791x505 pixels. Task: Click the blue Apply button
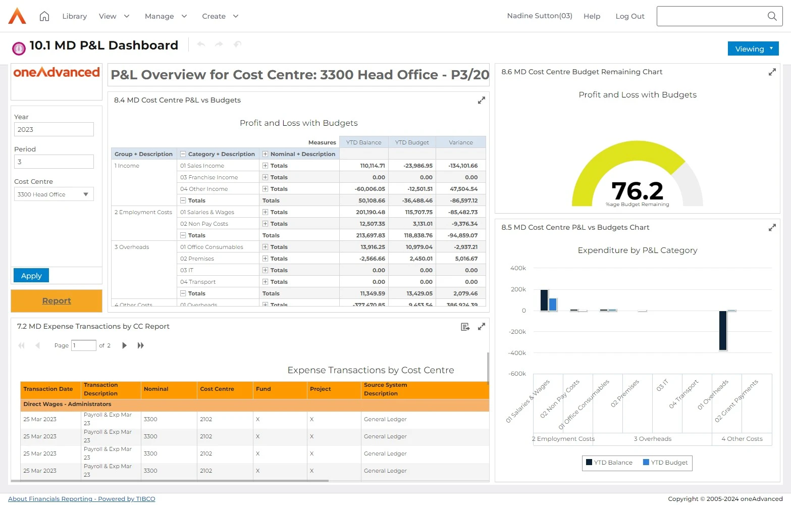coord(31,276)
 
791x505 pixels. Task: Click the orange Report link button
coord(57,301)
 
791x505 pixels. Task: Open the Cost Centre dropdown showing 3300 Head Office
coord(54,194)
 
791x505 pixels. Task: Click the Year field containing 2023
coord(54,130)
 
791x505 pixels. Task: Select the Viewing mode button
coord(753,49)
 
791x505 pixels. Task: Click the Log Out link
coord(629,16)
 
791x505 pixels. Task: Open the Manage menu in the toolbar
coord(166,16)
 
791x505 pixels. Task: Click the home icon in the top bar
coord(44,16)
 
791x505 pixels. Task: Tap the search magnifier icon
coord(772,16)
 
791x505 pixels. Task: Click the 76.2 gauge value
coord(637,191)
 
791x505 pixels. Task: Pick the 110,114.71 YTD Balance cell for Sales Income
coord(372,166)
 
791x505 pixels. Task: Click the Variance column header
coord(460,142)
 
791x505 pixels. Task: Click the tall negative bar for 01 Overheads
coord(723,331)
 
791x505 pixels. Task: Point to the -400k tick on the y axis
coord(518,353)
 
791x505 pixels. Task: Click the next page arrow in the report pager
coord(124,345)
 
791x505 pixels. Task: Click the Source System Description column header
coord(385,389)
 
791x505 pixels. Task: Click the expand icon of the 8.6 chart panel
coord(772,72)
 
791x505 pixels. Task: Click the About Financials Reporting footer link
coord(81,499)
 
